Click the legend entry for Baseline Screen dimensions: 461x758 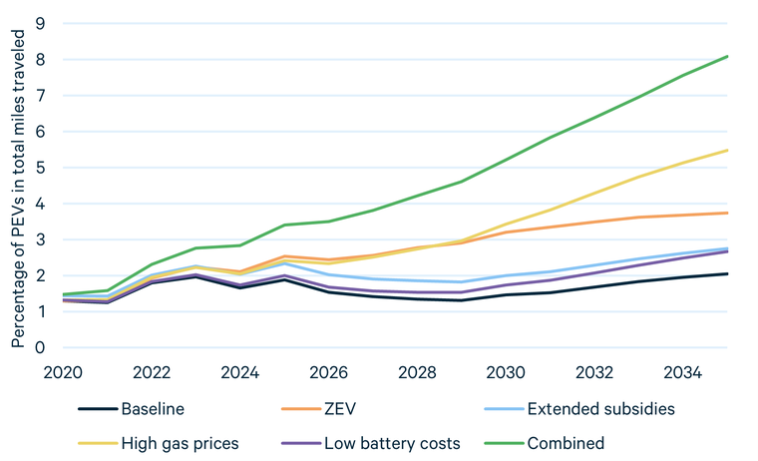coord(153,409)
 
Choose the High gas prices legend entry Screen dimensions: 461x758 coord(180,442)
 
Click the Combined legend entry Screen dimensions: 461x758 coord(567,442)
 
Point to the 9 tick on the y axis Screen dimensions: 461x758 coord(41,24)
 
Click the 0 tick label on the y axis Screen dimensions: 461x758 coord(41,347)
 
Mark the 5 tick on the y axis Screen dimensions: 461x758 coord(41,168)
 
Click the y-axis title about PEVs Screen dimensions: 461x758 coord(17,187)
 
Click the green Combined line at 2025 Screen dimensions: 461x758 coord(285,225)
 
